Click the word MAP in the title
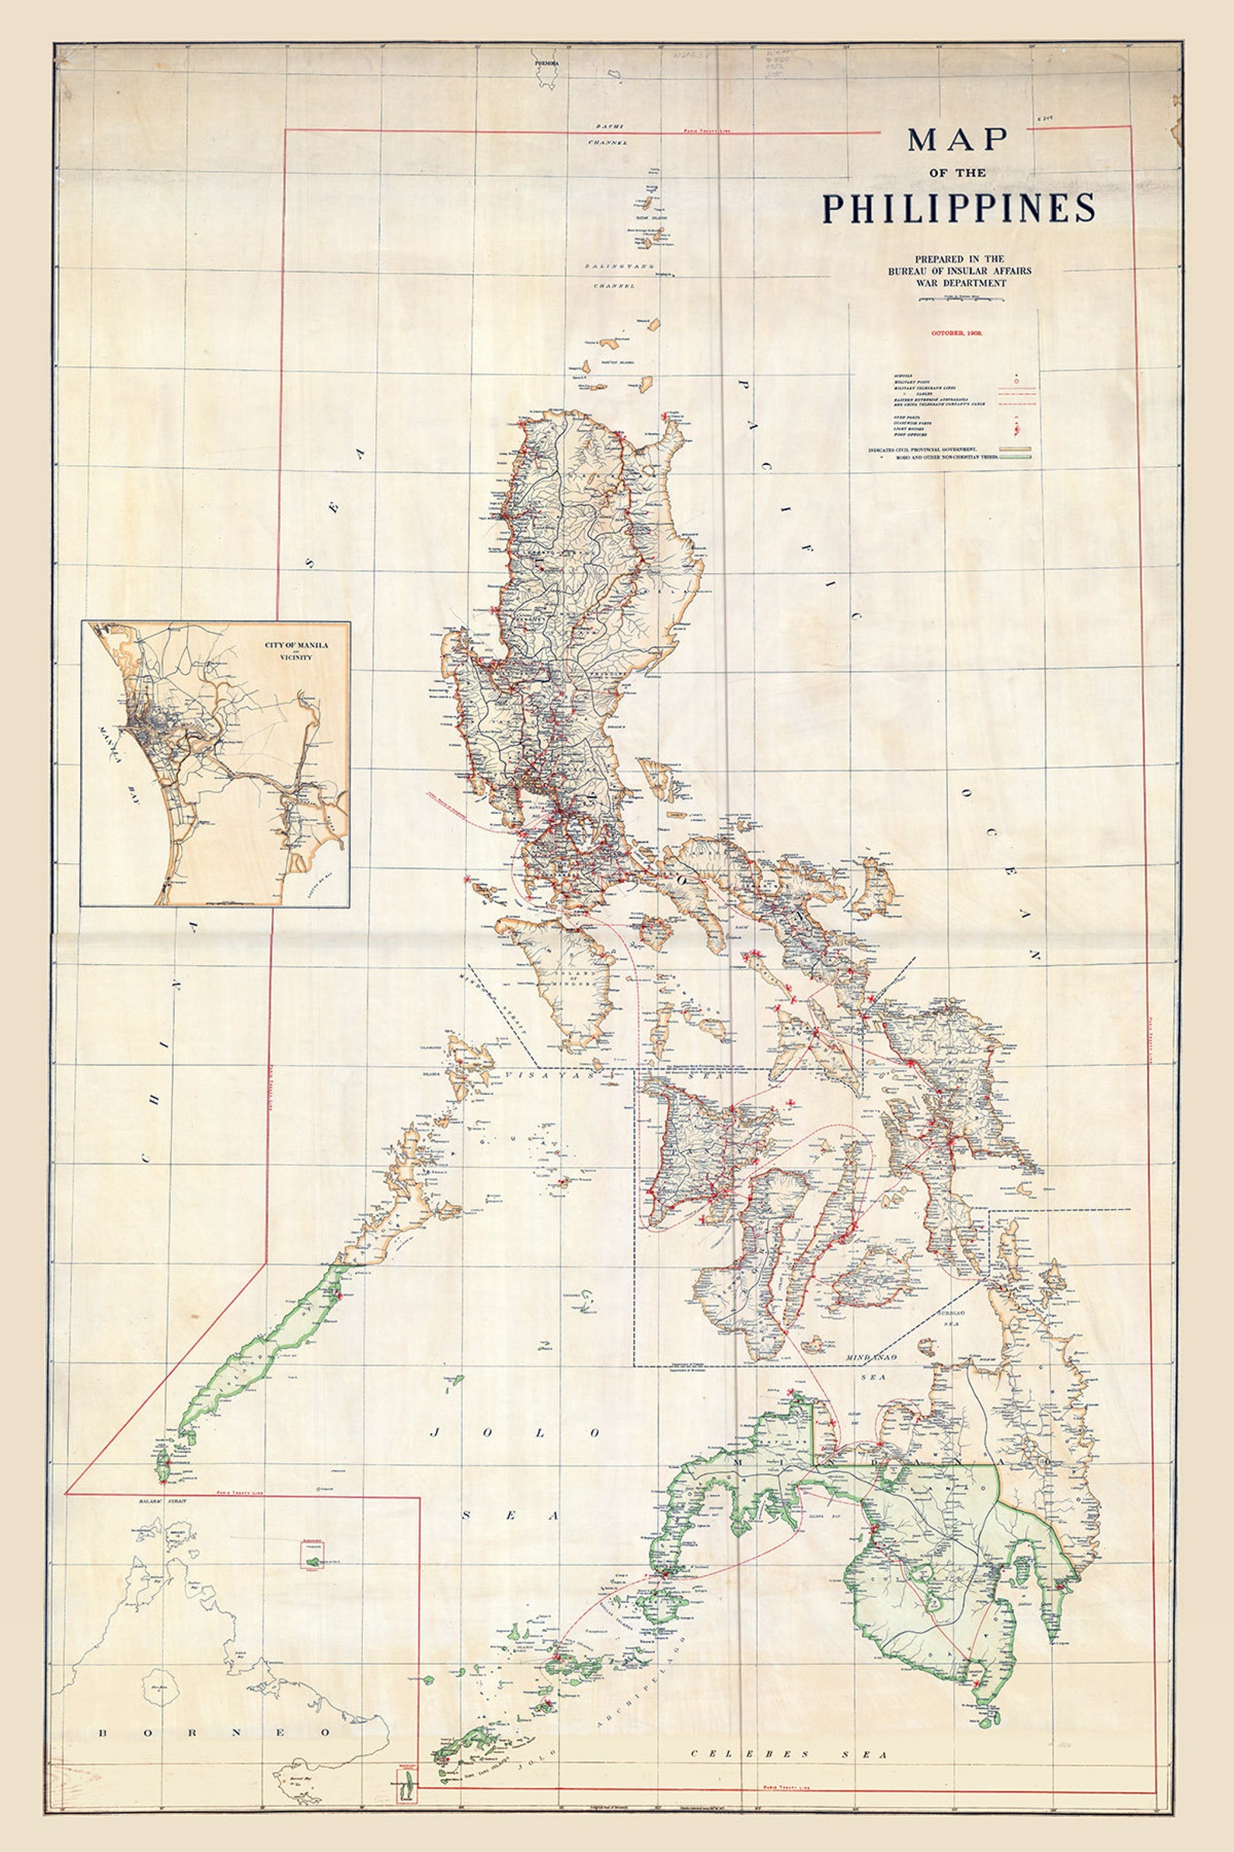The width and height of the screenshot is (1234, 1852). [958, 140]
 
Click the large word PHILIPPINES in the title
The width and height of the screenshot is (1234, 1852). [959, 208]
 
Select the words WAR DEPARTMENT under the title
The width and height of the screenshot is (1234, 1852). [960, 283]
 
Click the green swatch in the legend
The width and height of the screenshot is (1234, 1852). [1016, 456]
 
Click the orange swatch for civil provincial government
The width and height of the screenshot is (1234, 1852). [1016, 449]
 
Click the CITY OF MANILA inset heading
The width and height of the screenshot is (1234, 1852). [297, 645]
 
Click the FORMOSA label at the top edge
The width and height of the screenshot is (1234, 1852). [546, 62]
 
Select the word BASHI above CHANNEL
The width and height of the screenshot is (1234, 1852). [608, 126]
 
